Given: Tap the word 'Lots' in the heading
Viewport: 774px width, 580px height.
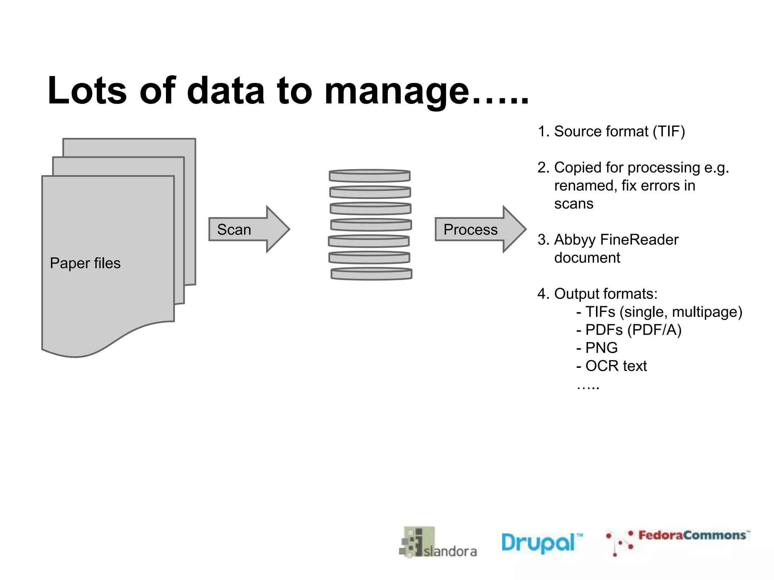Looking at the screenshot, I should click(x=87, y=91).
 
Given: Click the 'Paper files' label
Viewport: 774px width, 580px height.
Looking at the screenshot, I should click(x=85, y=263).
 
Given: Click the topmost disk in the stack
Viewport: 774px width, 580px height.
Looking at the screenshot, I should click(x=370, y=176).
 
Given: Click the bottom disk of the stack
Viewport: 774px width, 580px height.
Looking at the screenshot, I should click(x=372, y=274).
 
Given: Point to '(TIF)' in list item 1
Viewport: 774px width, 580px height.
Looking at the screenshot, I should click(x=669, y=131).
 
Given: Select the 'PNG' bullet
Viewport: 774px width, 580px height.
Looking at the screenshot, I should click(x=601, y=348).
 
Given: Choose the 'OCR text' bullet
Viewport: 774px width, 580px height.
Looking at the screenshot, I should click(x=616, y=366).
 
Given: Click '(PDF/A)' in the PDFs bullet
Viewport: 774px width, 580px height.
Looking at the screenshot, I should click(x=654, y=330).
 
